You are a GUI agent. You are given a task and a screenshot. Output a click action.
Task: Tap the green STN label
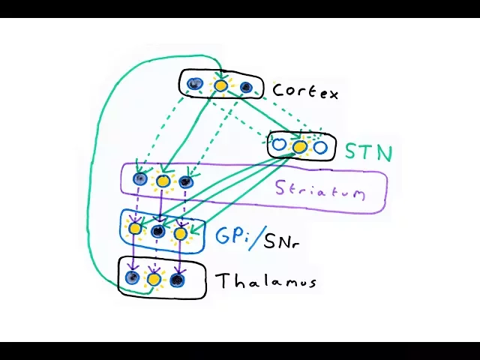click(368, 152)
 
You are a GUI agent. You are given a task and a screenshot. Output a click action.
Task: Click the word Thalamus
click(265, 281)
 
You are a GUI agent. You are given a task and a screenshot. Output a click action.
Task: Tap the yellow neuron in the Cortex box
click(220, 85)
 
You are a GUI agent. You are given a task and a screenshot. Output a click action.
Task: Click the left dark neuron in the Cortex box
click(195, 84)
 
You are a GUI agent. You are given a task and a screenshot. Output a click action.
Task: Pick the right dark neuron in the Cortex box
click(245, 88)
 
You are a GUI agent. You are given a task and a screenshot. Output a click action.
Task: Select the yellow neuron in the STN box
click(299, 147)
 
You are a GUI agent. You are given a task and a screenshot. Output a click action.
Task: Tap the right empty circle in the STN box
click(320, 147)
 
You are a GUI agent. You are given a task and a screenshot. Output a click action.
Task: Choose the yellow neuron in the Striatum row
click(162, 180)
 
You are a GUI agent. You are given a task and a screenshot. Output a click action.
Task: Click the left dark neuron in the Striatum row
click(139, 178)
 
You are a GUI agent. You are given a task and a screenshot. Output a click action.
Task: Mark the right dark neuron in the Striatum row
click(186, 181)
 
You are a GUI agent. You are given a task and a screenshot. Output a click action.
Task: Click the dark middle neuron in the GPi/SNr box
click(157, 231)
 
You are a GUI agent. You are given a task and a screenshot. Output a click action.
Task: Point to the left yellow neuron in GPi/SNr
click(135, 227)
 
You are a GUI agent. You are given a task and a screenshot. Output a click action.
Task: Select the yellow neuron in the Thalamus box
click(154, 279)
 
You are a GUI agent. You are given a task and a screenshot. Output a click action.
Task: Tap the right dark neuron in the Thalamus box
click(177, 280)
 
